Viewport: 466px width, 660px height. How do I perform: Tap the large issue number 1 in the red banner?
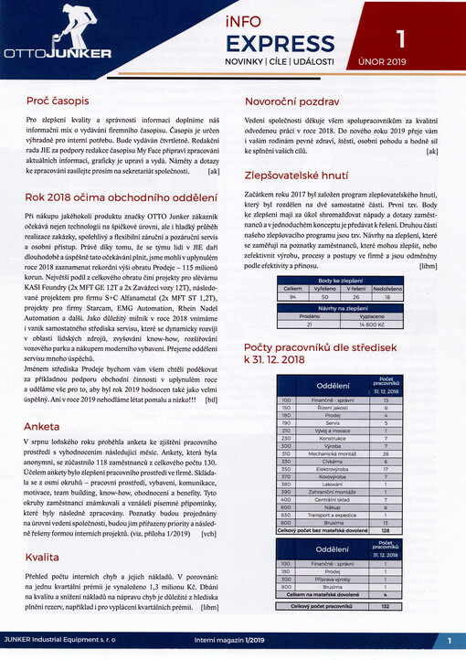point(396,37)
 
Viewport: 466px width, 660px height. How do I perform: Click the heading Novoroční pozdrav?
point(292,102)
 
